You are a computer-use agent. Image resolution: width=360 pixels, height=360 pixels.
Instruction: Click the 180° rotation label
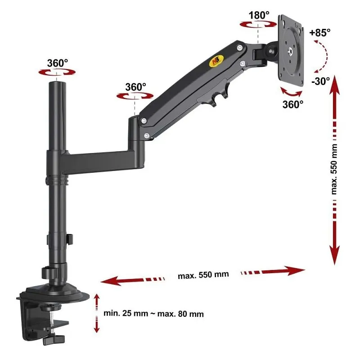(x=259, y=15)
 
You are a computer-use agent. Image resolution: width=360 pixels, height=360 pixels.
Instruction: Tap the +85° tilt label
(x=320, y=32)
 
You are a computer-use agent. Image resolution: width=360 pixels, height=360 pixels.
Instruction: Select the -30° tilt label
(x=320, y=81)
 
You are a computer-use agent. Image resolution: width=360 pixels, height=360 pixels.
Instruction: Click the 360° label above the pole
(x=58, y=63)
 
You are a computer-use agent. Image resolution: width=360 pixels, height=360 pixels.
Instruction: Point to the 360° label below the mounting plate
(x=293, y=104)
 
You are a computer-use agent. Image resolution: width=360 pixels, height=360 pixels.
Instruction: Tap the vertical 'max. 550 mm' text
(x=334, y=169)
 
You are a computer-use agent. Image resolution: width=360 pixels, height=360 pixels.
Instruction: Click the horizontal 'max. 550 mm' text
(x=203, y=275)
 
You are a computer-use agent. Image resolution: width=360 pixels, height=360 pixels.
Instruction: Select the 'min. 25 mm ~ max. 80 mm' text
(x=153, y=313)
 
